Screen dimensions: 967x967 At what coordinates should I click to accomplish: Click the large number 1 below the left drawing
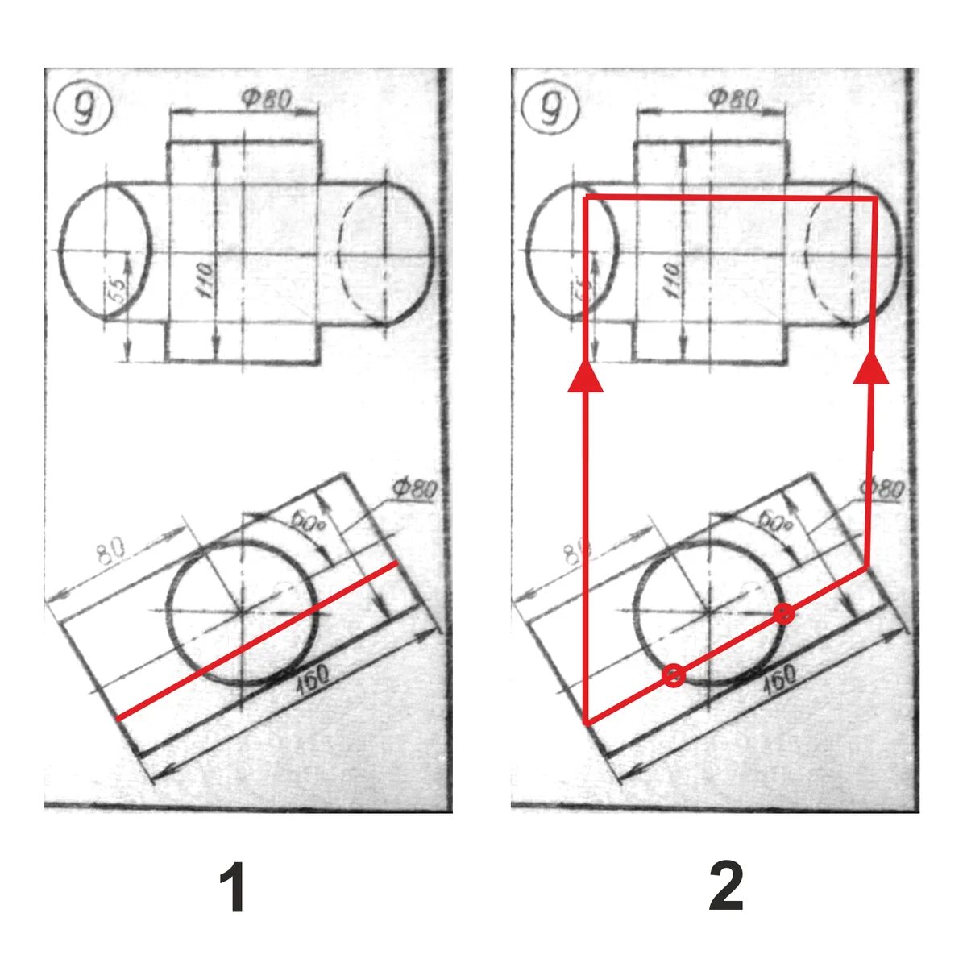(x=233, y=887)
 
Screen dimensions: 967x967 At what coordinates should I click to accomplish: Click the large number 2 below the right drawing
(x=726, y=887)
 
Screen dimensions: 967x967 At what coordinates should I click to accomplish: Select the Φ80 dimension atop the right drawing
(x=733, y=99)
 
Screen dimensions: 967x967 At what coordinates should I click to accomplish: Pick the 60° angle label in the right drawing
(x=774, y=521)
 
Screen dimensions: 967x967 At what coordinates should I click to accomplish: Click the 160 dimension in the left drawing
(x=311, y=679)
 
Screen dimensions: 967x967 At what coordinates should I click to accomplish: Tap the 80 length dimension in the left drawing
(x=111, y=552)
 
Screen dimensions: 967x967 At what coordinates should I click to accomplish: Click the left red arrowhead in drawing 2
(x=586, y=377)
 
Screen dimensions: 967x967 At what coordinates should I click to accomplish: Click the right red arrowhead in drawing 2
(x=871, y=368)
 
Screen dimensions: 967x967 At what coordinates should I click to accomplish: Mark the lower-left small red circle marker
(x=674, y=675)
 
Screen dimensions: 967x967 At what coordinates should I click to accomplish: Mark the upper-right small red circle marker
(x=783, y=614)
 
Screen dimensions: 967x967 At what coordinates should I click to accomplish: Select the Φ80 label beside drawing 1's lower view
(x=414, y=489)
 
